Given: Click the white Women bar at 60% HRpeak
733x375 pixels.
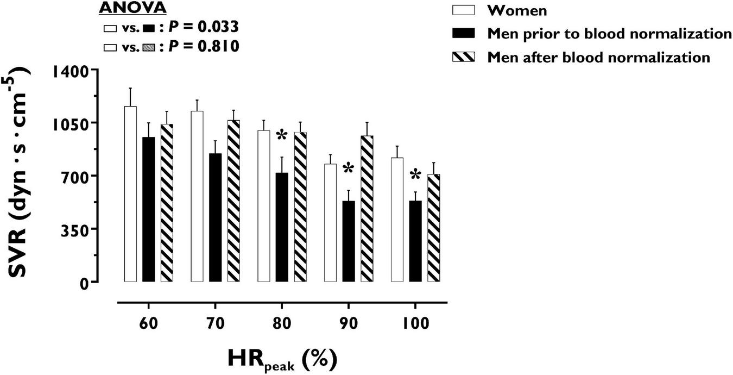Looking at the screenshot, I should point(130,194).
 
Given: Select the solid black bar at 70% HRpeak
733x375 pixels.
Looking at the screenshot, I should point(215,217).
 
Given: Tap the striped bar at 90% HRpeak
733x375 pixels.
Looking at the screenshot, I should point(366,209).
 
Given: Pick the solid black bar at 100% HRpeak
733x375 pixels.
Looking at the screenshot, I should point(415,241).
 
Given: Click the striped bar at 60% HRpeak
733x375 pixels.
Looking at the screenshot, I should point(167,203).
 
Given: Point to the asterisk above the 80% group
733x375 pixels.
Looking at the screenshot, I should point(281,136).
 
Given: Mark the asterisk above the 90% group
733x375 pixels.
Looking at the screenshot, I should point(348,170).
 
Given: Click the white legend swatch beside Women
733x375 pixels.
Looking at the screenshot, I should point(464,10).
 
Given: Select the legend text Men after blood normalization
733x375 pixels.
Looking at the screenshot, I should point(598,57).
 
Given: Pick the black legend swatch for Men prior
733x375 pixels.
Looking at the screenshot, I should point(464,34).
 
